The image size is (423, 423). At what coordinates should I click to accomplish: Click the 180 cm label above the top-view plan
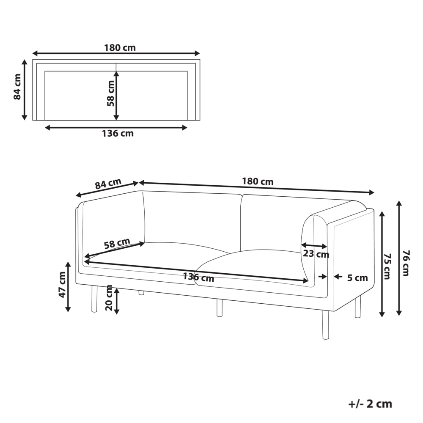(x=120, y=48)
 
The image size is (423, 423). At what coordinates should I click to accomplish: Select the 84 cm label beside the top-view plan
(x=17, y=87)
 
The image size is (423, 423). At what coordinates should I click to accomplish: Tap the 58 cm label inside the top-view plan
(x=110, y=93)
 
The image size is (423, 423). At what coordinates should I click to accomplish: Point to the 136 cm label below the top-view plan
(x=118, y=133)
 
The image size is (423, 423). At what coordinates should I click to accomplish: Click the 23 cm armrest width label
(x=316, y=254)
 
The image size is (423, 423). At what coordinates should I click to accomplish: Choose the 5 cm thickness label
(x=357, y=278)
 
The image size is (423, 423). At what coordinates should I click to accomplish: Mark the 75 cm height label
(x=387, y=266)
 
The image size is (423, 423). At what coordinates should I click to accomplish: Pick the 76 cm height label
(x=406, y=263)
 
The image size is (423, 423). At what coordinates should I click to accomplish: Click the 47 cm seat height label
(x=62, y=285)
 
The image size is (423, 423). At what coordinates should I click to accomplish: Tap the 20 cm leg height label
(x=109, y=298)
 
